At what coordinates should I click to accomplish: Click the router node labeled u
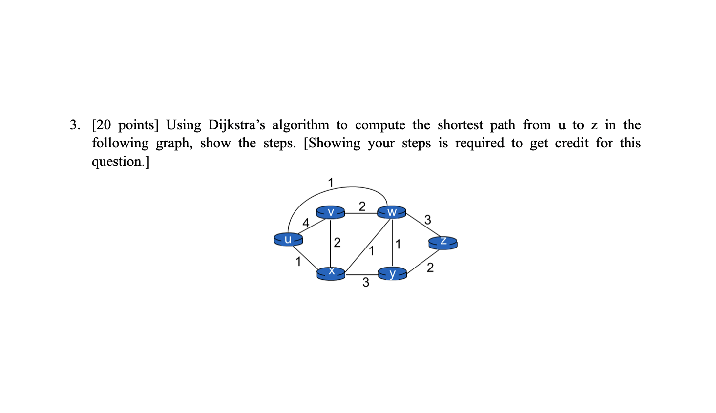tap(288, 239)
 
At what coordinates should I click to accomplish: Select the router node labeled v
tap(331, 212)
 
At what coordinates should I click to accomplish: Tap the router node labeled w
tap(392, 212)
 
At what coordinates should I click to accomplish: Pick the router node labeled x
tap(331, 273)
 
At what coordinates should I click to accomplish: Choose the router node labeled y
tap(392, 274)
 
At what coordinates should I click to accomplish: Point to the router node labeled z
tap(443, 242)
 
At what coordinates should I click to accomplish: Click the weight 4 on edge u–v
tap(306, 223)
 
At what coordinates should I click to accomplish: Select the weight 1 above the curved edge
tap(331, 183)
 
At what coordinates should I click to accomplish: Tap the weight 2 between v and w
tap(362, 206)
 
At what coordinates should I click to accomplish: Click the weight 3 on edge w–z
tap(428, 220)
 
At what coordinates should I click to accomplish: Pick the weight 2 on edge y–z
tap(430, 268)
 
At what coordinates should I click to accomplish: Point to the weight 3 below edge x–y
tap(366, 282)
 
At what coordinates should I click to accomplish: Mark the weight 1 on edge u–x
tap(298, 262)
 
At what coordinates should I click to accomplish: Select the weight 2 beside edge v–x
tap(337, 242)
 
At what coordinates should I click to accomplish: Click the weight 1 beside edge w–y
tap(398, 244)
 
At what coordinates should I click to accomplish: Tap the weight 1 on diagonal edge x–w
tap(372, 251)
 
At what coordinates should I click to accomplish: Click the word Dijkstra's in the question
tap(236, 125)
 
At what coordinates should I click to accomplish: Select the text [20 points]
tap(125, 125)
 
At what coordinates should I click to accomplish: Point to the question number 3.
tap(74, 125)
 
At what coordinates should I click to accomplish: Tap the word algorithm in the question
tap(300, 125)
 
